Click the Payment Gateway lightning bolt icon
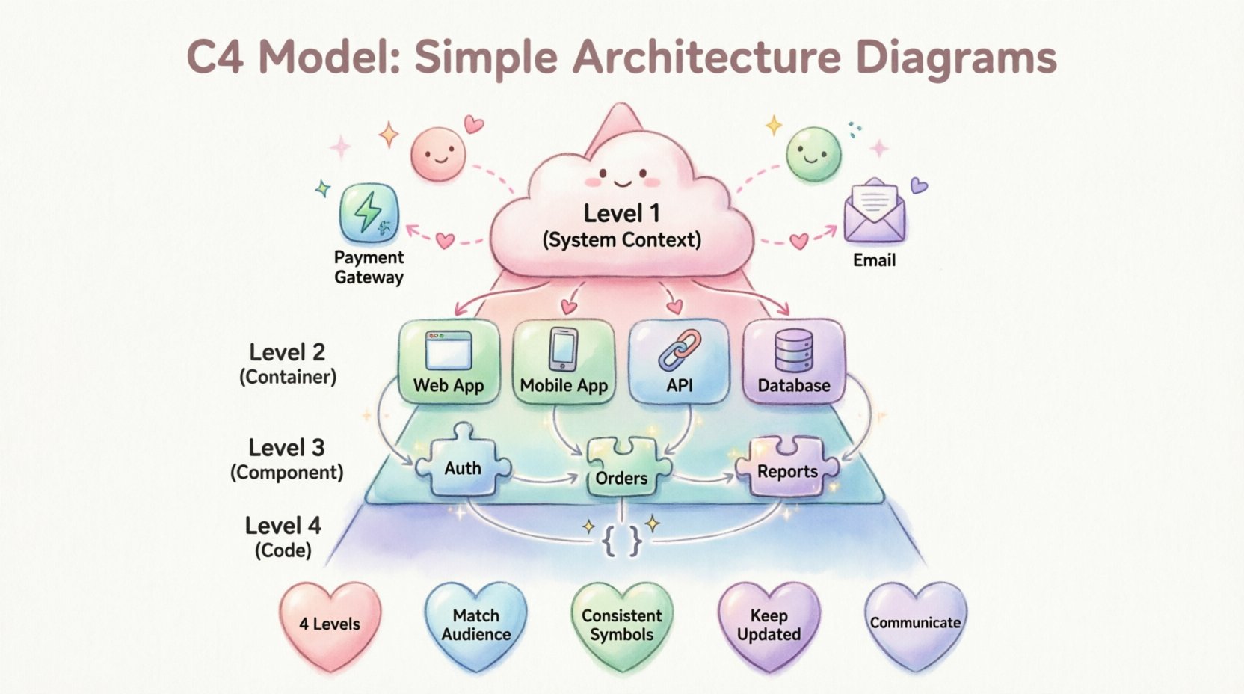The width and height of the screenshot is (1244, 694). tap(369, 212)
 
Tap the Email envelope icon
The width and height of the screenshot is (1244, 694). tap(874, 212)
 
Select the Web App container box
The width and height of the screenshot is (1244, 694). tap(449, 361)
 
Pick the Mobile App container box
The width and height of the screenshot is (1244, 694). tap(564, 361)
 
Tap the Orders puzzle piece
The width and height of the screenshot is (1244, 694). tap(622, 470)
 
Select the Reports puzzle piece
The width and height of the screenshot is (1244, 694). tap(787, 468)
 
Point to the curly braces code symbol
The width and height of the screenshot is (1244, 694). tap(622, 540)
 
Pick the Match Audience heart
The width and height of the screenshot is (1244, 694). tap(475, 624)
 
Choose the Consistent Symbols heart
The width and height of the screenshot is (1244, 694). tap(622, 624)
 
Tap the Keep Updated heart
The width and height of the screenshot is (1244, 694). tap(769, 624)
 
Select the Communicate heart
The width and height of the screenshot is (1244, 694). tap(915, 623)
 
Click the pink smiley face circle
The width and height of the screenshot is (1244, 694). tap(438, 154)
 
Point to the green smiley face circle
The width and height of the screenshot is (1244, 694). tap(813, 154)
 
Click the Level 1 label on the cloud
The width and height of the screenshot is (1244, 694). tap(622, 214)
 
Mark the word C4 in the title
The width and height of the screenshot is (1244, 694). tap(215, 57)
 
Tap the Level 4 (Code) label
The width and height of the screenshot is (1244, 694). tap(283, 537)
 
